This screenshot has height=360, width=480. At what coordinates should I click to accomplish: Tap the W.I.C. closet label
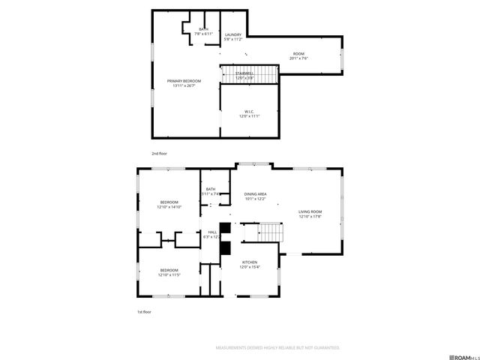tap(250, 113)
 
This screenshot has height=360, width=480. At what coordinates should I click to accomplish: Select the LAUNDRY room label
tap(232, 36)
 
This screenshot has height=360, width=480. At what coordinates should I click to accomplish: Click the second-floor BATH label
tap(203, 31)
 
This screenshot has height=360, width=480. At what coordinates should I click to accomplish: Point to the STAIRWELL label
tap(244, 76)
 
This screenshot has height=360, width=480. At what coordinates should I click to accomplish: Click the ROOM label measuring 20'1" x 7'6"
tap(298, 55)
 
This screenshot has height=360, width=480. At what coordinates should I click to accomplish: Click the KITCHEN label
tap(250, 265)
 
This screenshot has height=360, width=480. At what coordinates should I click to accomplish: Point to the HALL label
tap(212, 235)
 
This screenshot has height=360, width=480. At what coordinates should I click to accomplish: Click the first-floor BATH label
tap(211, 191)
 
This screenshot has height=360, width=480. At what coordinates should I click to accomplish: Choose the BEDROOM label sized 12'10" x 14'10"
tap(169, 204)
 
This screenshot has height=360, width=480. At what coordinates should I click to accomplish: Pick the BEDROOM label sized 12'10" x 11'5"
tap(169, 272)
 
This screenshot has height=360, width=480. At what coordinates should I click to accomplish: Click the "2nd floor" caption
tap(159, 153)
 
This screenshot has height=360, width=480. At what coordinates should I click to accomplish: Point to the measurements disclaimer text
tap(277, 348)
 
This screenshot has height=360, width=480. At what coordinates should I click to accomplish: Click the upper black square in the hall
tap(223, 227)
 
